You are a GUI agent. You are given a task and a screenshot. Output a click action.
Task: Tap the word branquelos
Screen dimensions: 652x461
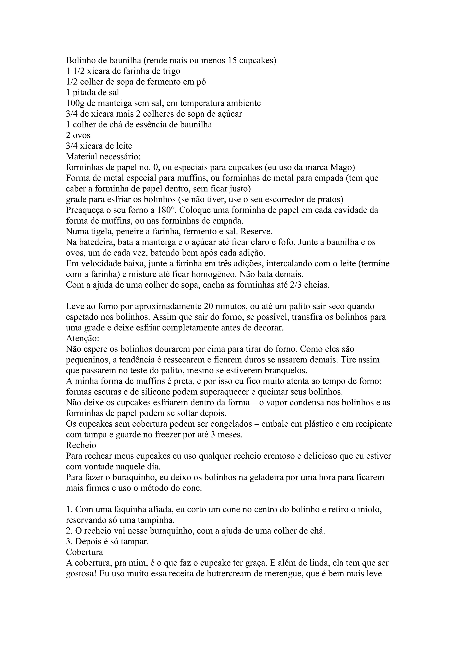coord(286,371)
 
